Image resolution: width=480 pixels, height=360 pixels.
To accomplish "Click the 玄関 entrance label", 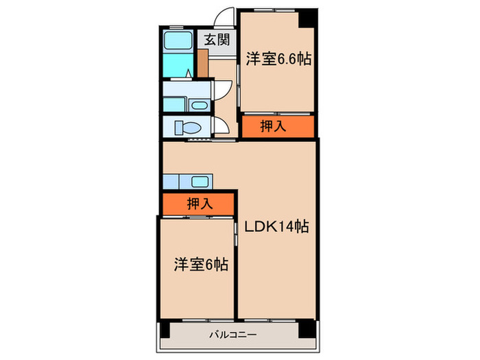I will (215, 40).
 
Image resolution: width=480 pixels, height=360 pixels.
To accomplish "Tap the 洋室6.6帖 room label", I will (278, 59).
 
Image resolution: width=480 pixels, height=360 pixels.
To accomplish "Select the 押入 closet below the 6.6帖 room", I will (278, 125).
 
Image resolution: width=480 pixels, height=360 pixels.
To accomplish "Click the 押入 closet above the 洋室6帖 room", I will (200, 203).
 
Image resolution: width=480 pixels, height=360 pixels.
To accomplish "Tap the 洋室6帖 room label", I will (200, 264).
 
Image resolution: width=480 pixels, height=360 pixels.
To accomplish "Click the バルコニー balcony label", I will (233, 335).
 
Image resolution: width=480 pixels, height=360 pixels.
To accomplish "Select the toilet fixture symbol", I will (187, 128).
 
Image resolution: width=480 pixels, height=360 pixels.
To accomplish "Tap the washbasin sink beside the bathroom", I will (199, 105).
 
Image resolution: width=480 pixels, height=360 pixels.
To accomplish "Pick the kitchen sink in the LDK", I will (200, 182).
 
